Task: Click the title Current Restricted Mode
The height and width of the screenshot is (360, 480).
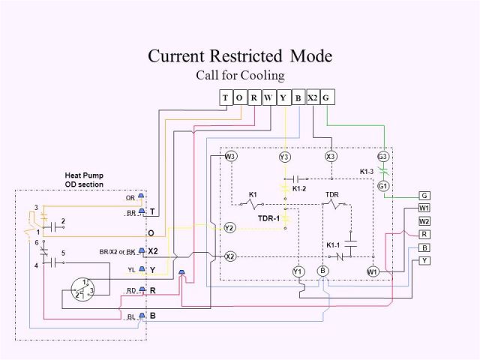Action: click(239, 56)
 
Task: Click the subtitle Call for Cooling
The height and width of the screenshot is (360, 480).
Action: click(240, 75)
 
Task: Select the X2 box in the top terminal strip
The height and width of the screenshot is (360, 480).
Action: click(313, 97)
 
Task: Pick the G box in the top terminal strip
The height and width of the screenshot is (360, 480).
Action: click(327, 97)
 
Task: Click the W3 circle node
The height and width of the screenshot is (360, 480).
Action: click(230, 157)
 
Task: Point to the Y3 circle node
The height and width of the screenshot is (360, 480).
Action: click(284, 157)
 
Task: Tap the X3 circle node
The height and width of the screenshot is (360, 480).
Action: click(331, 157)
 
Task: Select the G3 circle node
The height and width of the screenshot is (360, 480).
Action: click(382, 157)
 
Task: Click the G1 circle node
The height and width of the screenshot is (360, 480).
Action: click(382, 186)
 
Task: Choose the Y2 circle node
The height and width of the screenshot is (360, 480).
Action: click(230, 227)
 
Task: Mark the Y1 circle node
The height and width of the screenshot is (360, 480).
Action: click(298, 271)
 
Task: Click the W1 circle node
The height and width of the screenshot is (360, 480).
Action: click(373, 271)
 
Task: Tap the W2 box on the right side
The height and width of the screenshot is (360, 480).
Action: click(424, 221)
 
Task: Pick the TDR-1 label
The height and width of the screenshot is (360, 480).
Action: click(268, 217)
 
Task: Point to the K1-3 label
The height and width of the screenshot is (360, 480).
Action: click(366, 171)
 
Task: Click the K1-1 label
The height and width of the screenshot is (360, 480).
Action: click(333, 245)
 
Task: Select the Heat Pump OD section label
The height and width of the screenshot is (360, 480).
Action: click(84, 180)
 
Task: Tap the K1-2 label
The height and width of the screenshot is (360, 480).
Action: click(299, 189)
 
